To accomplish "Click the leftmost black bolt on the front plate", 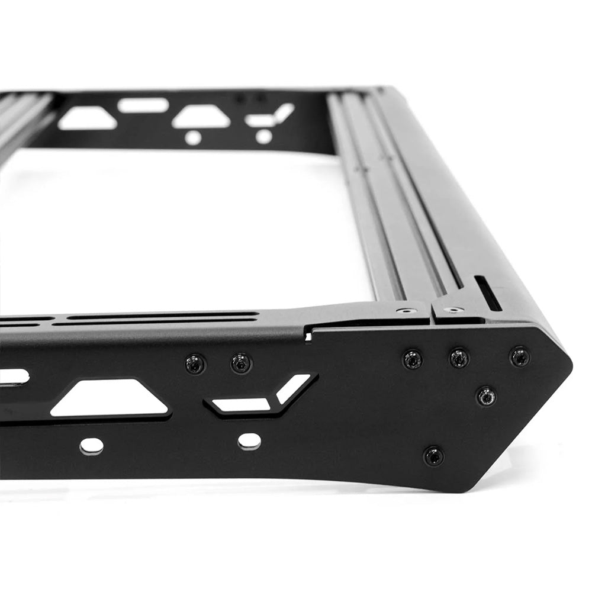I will coord(195,363).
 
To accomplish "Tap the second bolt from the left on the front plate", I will coord(241,363).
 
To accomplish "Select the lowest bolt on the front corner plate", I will coord(433,456).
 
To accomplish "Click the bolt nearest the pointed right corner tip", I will coord(520,356).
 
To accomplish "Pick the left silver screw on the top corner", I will coord(406,310).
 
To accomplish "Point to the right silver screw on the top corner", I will coord(453,309).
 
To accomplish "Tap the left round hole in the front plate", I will coord(91,445).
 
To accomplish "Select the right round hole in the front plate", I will coord(249,440).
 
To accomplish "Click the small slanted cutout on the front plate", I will coord(294,388).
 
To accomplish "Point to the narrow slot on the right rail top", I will coord(488,293).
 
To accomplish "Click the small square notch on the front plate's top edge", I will coord(308,336).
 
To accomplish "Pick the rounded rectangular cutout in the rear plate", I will coord(143,105).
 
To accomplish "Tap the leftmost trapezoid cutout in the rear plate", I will coord(87,118).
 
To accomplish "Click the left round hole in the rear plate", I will coord(193,138).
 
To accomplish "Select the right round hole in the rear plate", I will coord(263,136).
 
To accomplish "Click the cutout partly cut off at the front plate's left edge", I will coord(13,377).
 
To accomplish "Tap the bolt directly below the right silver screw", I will coord(459,358).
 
